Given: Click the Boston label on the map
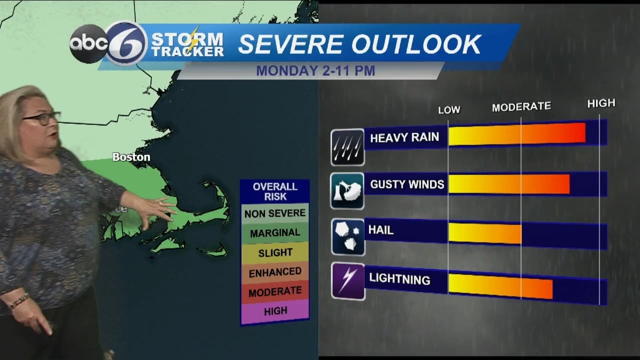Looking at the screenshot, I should [x=131, y=157].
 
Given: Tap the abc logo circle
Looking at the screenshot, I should [x=89, y=44].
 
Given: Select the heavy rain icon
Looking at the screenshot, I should [x=347, y=147].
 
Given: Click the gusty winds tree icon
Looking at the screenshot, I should [x=347, y=190].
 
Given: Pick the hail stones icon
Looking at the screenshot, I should [x=347, y=236].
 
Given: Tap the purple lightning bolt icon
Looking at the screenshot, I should [x=348, y=281].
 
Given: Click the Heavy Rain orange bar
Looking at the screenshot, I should [x=516, y=134].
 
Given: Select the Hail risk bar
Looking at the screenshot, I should [x=484, y=233].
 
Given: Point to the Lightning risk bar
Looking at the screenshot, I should [x=500, y=286].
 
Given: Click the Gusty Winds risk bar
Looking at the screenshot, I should [x=508, y=184].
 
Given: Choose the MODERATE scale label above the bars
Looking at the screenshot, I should [x=521, y=106].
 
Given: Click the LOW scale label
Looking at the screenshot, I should [x=449, y=109].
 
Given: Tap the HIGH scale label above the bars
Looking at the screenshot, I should [x=600, y=103].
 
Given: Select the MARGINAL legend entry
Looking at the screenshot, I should [x=275, y=233].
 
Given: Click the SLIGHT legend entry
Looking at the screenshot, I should [x=275, y=252].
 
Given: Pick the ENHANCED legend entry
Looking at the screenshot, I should [x=275, y=272].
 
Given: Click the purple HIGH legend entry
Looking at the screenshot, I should [x=275, y=311].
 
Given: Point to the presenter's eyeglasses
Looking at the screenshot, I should [x=41, y=118].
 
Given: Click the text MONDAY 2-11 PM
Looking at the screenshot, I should [x=315, y=71].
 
